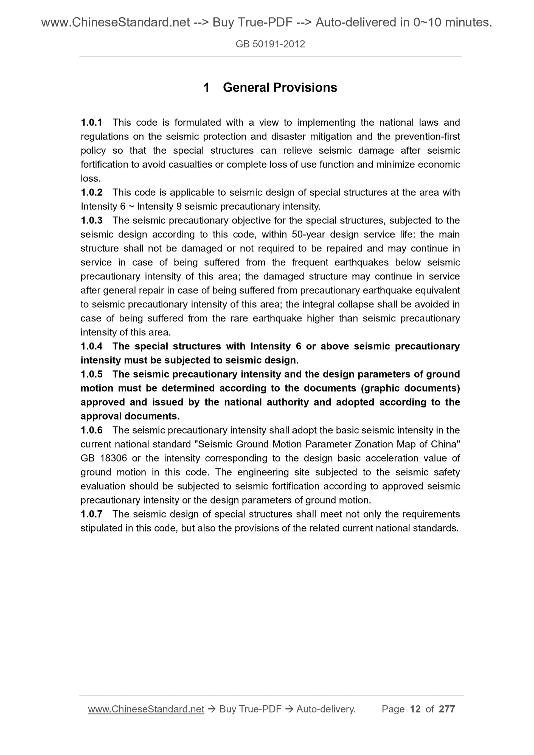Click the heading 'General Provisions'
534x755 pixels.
pyautogui.click(x=280, y=87)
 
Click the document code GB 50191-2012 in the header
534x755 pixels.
pyautogui.click(x=270, y=44)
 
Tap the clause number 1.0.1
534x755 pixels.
pyautogui.click(x=91, y=123)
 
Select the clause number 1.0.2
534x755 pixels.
pyautogui.click(x=91, y=192)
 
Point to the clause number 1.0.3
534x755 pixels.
pyautogui.click(x=91, y=220)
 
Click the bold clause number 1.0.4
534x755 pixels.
pyautogui.click(x=91, y=346)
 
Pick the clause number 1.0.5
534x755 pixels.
pyautogui.click(x=91, y=374)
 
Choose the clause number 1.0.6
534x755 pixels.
pyautogui.click(x=91, y=430)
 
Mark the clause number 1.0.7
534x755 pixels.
pyautogui.click(x=91, y=514)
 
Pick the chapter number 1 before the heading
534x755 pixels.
pyautogui.click(x=207, y=87)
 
